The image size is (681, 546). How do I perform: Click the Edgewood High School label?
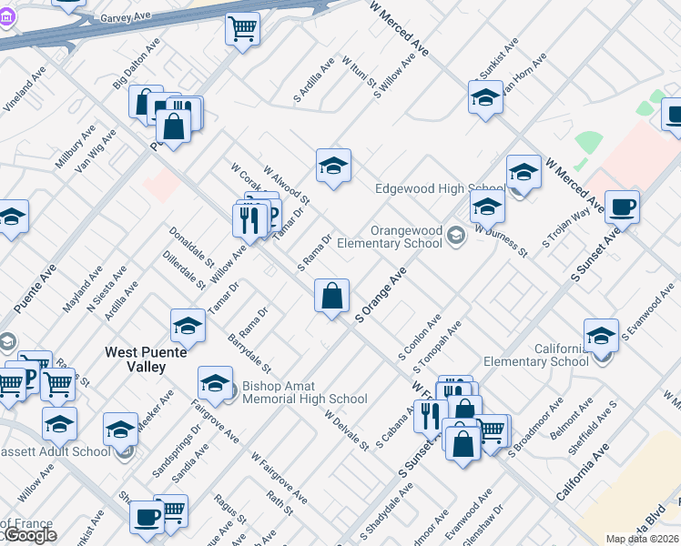point(440,189)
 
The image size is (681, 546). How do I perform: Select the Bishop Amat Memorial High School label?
point(305,393)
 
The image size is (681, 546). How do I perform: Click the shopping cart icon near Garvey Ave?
point(242,29)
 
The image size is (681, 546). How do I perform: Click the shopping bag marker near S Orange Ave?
point(332,296)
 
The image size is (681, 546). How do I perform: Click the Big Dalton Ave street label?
point(137,69)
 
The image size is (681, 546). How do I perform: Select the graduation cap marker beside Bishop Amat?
point(216,383)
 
